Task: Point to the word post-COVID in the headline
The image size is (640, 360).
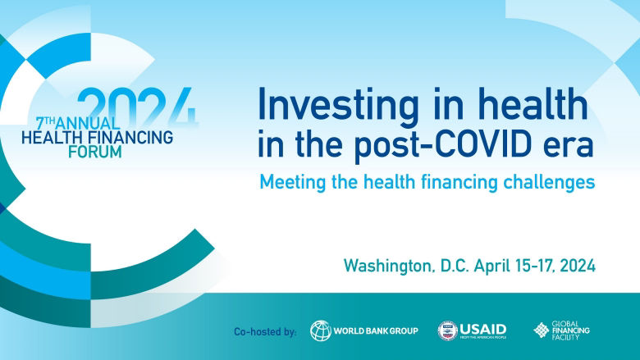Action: pos(420,144)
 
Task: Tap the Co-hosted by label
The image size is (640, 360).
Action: pos(264,331)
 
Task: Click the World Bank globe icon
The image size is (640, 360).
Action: pos(321,330)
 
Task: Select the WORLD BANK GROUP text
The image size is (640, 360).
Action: pos(376,330)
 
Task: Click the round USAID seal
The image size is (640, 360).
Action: pos(448,330)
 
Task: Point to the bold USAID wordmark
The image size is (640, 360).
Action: pos(484,328)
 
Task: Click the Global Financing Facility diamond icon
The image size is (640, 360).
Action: pos(542,330)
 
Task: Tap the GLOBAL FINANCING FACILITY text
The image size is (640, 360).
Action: pos(571,330)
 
